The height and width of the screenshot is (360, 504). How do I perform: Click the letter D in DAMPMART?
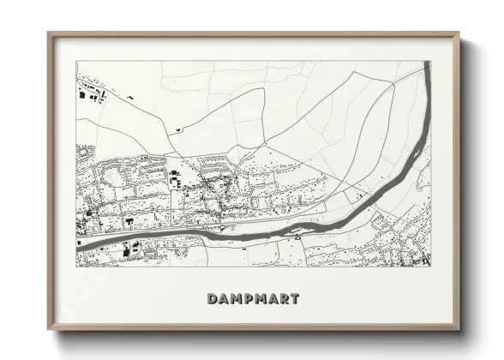coord(212,298)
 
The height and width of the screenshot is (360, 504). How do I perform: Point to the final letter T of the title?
coord(295,298)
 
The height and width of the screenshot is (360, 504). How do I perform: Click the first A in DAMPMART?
coord(223,298)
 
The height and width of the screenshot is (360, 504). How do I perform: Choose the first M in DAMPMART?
coord(236,298)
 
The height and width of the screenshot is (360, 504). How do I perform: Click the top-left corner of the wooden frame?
coord(49,34)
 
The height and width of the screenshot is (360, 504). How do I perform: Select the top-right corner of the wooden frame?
coord(458,34)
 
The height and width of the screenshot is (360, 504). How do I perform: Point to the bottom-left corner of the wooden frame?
coord(49,329)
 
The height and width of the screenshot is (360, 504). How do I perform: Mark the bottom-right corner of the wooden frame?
coord(458,329)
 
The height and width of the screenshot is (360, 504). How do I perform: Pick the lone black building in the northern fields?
coord(178,129)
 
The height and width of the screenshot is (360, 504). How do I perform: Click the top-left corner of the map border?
coord(76,61)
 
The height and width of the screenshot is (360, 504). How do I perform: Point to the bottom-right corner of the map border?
coord(430,266)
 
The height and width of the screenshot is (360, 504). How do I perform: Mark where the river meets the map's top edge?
coord(423,62)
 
